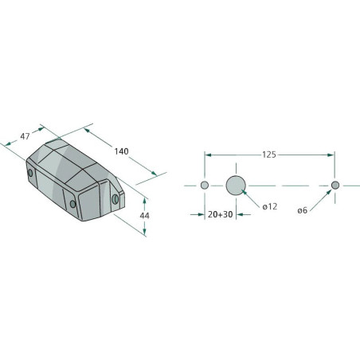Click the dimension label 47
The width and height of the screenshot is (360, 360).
(x=25, y=136)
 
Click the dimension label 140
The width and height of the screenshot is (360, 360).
(x=121, y=151)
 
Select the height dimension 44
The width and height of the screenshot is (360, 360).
(x=144, y=216)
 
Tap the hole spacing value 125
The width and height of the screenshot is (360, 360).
(x=269, y=155)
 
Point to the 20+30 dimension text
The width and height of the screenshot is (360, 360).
(x=221, y=214)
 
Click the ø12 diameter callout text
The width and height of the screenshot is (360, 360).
(x=270, y=206)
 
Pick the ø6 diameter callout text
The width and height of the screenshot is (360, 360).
(x=302, y=210)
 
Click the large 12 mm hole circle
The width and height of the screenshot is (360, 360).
(x=236, y=186)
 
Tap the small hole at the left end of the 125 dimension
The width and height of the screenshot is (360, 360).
(x=205, y=185)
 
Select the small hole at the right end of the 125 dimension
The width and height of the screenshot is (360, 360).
(x=335, y=185)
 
